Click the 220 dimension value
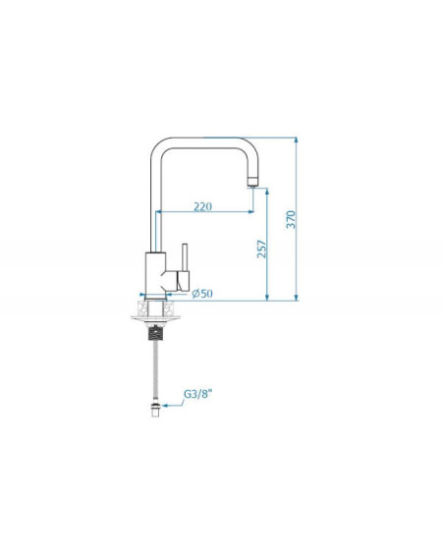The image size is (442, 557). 203,206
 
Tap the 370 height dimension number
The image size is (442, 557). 291,219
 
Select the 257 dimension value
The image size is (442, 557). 261,249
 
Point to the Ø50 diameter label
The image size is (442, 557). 202,294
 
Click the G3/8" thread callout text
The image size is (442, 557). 197,394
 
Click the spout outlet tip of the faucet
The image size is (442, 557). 252,182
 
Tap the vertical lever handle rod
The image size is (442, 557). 185,257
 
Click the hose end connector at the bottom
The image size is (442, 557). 155,410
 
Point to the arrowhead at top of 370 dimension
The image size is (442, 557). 297,140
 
